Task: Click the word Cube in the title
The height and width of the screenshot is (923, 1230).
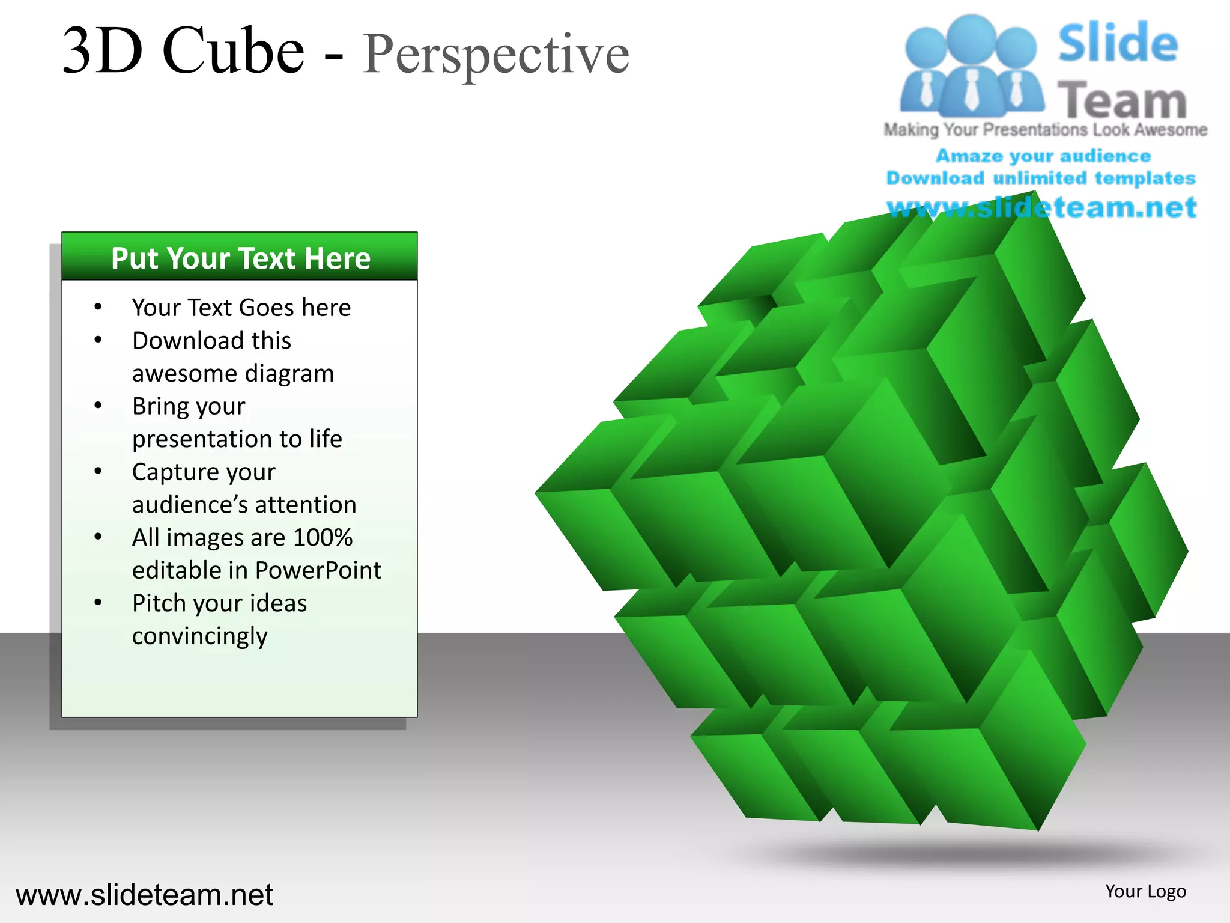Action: tap(233, 51)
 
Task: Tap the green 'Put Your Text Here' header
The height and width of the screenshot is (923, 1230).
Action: tap(240, 258)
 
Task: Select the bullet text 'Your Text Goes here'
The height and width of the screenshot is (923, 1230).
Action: tap(241, 308)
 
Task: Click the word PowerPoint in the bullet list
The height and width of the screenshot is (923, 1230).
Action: tap(318, 570)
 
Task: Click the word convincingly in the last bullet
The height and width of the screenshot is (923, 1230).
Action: tap(199, 636)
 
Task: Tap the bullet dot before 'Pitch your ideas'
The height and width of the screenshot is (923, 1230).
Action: tap(98, 602)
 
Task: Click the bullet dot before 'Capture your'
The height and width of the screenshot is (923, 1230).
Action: tap(98, 471)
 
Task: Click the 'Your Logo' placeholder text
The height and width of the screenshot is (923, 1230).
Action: tap(1145, 891)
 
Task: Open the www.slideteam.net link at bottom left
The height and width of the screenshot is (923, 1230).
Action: tap(144, 895)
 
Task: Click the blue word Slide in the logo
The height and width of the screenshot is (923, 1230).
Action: tap(1118, 43)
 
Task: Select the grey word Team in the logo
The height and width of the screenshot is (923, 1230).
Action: tap(1122, 100)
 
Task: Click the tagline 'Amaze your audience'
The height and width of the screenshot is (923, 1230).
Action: tap(1043, 156)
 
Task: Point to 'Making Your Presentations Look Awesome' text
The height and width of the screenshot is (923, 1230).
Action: tap(1045, 130)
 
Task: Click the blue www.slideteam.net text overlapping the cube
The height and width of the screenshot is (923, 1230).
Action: tap(1041, 208)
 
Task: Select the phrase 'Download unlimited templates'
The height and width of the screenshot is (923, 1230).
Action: tap(1041, 178)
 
